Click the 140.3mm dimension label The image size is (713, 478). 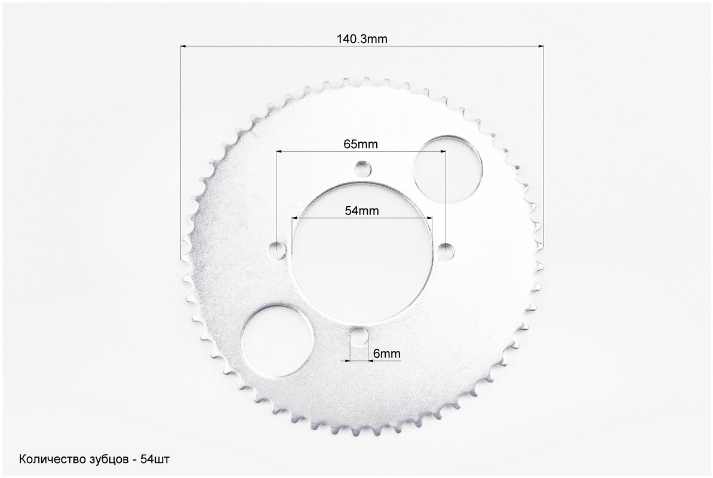(x=362, y=39)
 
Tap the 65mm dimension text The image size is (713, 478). (x=361, y=144)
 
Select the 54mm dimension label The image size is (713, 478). (x=361, y=210)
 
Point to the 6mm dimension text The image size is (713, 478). (x=386, y=353)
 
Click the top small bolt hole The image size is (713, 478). (x=363, y=169)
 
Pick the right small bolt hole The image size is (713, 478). (x=446, y=250)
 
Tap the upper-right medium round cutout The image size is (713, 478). (x=448, y=168)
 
